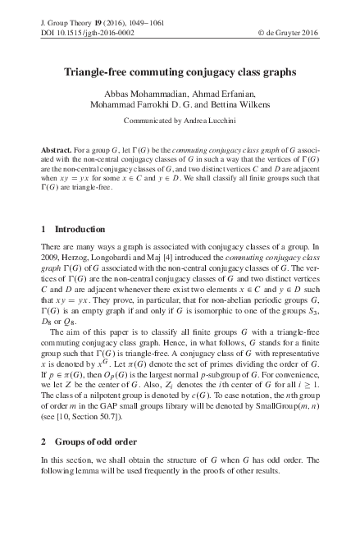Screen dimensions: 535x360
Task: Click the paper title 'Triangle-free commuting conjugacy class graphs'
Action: [x=180, y=71]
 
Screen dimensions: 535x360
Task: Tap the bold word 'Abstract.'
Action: [x=56, y=153]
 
